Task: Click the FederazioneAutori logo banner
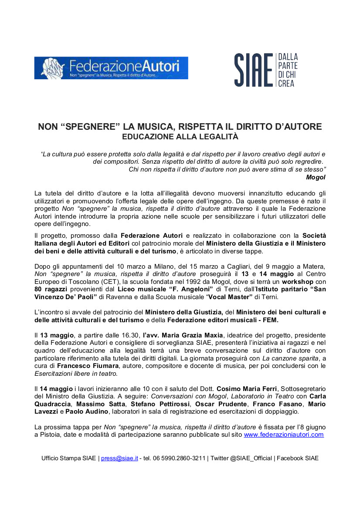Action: pos(111,68)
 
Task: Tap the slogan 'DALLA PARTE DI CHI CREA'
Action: pos(288,70)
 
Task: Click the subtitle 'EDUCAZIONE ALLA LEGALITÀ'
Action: pos(180,137)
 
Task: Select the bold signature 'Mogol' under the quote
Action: pos(316,177)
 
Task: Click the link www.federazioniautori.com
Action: pos(284,435)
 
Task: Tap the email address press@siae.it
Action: pos(119,458)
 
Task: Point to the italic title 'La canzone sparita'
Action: pos(289,358)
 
